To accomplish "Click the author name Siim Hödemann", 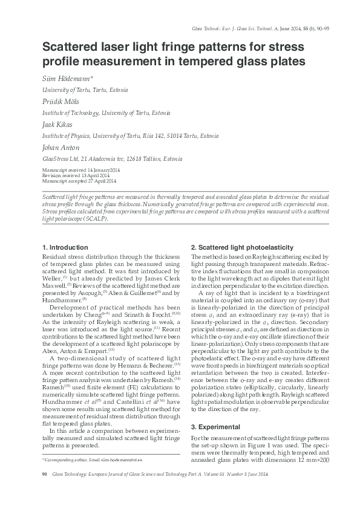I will [67, 79].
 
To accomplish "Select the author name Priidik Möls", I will [61, 102].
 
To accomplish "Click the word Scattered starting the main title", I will [70, 47].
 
